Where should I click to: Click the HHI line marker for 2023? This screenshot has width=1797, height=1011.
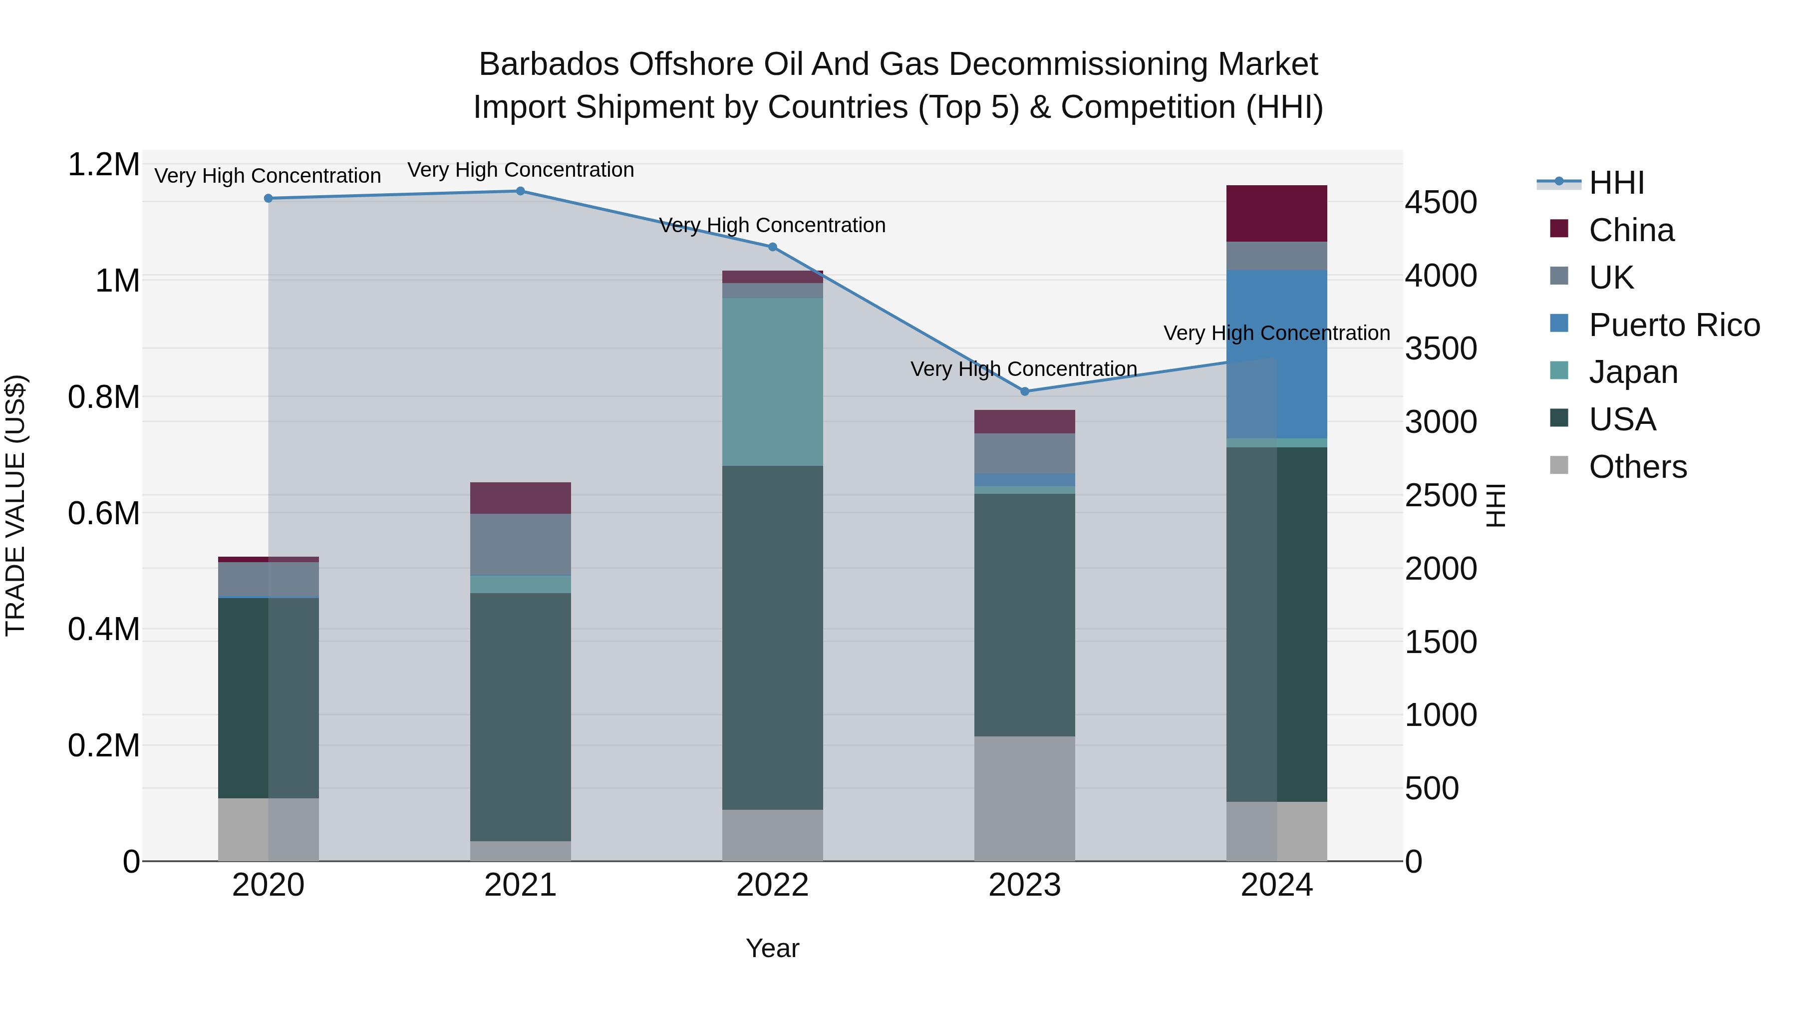coord(1024,391)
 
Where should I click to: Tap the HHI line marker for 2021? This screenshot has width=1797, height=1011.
coord(521,191)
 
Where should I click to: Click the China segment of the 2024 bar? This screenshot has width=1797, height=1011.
coord(1276,214)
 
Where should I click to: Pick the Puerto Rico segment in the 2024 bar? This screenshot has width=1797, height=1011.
coord(1276,354)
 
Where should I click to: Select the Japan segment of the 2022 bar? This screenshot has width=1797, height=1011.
coord(772,381)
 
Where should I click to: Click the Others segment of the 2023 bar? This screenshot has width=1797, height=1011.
coord(1024,798)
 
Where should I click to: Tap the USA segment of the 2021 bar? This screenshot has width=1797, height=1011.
coord(521,716)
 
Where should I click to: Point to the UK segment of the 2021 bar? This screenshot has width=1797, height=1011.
coord(521,544)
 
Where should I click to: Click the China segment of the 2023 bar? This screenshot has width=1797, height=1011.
coord(1024,421)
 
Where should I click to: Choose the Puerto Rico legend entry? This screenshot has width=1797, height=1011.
coord(1674,325)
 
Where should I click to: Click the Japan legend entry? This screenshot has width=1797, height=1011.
coord(1633,372)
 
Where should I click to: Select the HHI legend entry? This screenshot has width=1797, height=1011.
coord(1616,183)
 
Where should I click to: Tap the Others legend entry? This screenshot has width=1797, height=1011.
coord(1637,467)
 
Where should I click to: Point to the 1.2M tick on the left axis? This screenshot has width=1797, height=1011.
coord(104,165)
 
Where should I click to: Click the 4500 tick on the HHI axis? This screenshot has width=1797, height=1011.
coord(1441,202)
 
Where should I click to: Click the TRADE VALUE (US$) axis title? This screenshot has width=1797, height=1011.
coord(16,505)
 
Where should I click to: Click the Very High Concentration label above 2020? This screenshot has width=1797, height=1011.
coord(268,176)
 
